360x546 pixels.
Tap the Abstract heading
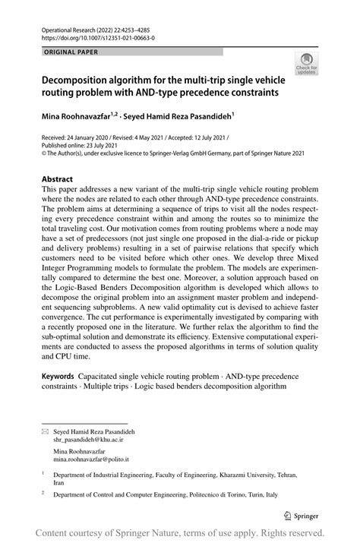pyautogui.click(x=57, y=179)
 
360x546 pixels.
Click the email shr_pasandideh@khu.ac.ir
pyautogui.click(x=89, y=439)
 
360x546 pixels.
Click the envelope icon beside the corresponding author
pyautogui.click(x=43, y=431)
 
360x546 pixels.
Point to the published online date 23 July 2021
pyautogui.click(x=110, y=145)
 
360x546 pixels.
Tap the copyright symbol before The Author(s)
pyautogui.click(x=43, y=153)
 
